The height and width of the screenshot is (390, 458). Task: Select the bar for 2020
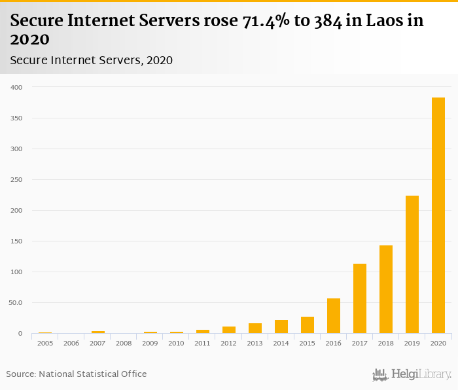(438, 215)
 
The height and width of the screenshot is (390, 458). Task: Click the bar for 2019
(412, 264)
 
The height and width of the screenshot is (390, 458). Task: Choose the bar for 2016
(334, 316)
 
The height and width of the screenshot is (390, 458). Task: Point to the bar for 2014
(281, 327)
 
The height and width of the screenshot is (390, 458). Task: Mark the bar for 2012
(229, 330)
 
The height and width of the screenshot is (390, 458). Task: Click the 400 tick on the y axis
(16, 87)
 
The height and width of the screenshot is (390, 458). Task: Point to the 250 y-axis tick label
(16, 179)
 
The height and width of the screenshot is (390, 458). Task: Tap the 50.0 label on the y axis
(15, 302)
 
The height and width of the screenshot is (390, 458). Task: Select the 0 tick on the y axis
(20, 333)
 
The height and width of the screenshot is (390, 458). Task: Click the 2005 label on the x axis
(45, 343)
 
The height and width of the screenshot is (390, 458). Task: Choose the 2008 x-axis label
(124, 343)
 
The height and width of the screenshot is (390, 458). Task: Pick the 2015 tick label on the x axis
(307, 343)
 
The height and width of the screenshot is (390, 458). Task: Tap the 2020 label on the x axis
(438, 343)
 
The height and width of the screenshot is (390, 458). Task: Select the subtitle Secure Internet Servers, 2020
(91, 60)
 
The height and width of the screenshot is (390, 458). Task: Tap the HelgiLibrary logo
(412, 374)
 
